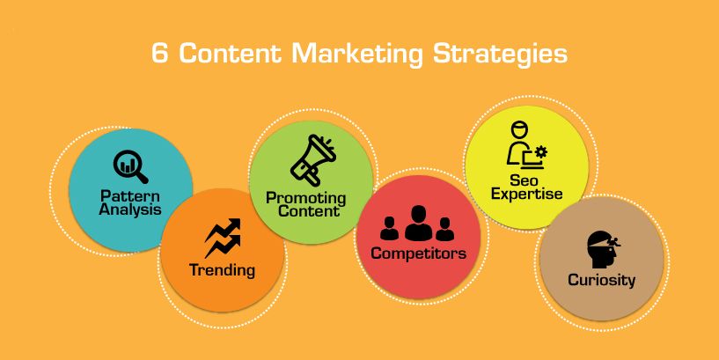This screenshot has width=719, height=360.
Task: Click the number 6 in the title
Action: (159, 54)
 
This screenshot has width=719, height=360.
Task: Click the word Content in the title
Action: (230, 54)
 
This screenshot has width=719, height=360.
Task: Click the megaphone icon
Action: (313, 159)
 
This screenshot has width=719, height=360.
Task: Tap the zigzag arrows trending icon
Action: (223, 238)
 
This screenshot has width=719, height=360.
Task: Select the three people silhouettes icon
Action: (417, 224)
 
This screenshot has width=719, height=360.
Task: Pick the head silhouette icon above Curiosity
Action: (604, 249)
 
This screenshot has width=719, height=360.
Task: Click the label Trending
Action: (222, 270)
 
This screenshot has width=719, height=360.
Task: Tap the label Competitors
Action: (419, 253)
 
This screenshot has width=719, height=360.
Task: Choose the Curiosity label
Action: (602, 280)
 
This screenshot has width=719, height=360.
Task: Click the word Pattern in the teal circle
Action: (130, 196)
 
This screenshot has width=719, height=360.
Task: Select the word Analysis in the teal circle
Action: (130, 209)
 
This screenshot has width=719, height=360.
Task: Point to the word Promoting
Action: (306, 199)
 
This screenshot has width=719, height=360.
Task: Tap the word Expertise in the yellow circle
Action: (527, 194)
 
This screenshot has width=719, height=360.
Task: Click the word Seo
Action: (526, 180)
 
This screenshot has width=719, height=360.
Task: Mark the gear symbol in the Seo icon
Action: (541, 152)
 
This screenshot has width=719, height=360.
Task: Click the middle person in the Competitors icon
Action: (418, 224)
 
